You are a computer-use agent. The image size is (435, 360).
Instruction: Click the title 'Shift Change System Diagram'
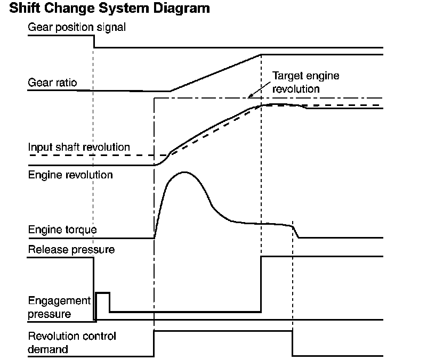pos(106,9)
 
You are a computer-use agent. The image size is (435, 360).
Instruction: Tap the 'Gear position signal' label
pos(77,27)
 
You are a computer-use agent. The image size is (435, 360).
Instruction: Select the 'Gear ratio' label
pos(52,83)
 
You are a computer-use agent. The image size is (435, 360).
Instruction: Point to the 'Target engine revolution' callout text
pos(305,82)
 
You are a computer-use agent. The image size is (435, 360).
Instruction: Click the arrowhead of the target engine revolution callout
pos(248,97)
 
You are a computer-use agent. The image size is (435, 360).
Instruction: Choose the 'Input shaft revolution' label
pos(79,146)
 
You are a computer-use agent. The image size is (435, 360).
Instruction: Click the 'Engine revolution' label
pos(70,175)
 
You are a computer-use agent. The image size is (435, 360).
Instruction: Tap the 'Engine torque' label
pos(62,230)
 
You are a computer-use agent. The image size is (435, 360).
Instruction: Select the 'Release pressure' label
pos(71,249)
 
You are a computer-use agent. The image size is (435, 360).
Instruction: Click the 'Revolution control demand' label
pos(71,342)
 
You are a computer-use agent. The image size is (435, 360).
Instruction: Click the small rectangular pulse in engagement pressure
pos(102,293)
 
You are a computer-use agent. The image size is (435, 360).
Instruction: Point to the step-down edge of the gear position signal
pos(94,42)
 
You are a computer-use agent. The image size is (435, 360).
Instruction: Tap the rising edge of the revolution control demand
pos(154,343)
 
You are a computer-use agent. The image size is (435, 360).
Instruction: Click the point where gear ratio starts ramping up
pos(170,91)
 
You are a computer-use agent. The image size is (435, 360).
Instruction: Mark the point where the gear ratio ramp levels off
pos(261,54)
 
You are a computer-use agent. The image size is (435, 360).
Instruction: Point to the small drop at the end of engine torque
pos(296,232)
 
